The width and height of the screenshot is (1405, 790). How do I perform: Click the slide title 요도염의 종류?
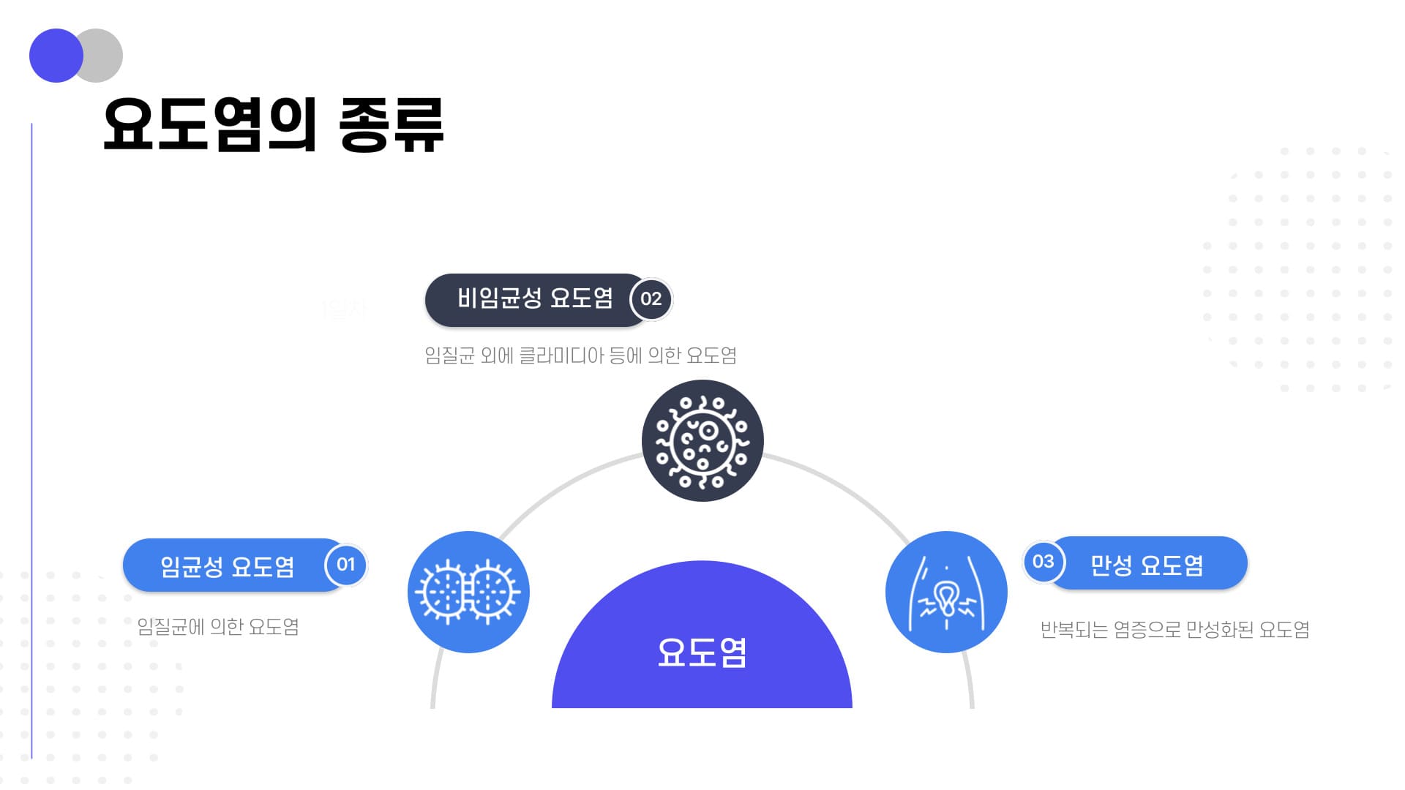point(273,125)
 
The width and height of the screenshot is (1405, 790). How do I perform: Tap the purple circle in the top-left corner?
point(56,56)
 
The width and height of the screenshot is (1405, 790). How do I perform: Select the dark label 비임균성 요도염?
point(535,299)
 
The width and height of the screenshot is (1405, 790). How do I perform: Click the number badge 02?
point(651,299)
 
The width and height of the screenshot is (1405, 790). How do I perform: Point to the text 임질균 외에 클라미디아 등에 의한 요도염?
point(580,355)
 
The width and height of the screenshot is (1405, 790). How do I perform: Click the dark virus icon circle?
point(702,440)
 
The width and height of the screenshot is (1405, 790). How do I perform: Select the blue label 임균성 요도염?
point(228,565)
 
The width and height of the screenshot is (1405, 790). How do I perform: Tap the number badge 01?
point(345,565)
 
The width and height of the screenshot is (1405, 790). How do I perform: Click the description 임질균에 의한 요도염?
point(218,627)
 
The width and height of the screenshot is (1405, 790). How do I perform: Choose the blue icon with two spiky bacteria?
point(468,592)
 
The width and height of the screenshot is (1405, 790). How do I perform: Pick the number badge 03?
point(1044,562)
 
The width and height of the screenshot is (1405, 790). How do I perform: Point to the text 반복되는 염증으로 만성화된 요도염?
point(1174,629)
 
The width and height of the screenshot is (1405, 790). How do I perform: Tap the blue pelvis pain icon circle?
point(946,592)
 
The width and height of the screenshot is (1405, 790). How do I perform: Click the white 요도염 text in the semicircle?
point(702,652)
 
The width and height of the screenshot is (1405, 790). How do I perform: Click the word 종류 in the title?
point(391,125)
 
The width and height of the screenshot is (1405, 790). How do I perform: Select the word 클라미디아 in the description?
point(562,355)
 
